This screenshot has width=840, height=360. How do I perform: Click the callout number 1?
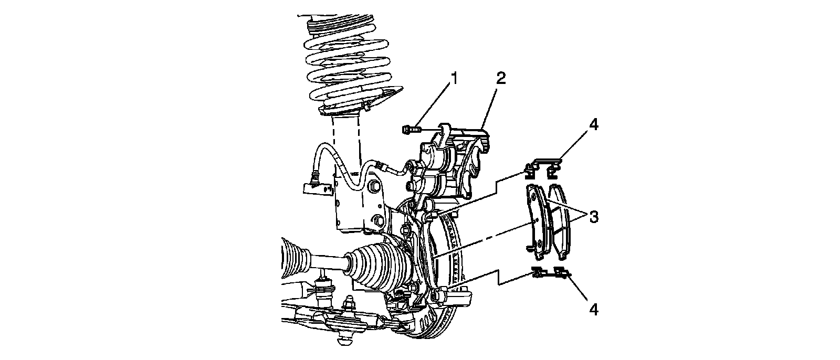click(455, 79)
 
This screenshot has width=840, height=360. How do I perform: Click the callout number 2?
click(500, 79)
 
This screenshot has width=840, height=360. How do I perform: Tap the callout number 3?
click(593, 216)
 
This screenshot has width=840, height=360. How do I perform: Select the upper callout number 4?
click(593, 125)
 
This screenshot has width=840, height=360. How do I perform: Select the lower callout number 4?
click(593, 310)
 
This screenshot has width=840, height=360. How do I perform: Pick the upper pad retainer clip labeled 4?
click(543, 166)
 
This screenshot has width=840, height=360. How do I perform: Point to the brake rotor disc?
click(451, 315)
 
